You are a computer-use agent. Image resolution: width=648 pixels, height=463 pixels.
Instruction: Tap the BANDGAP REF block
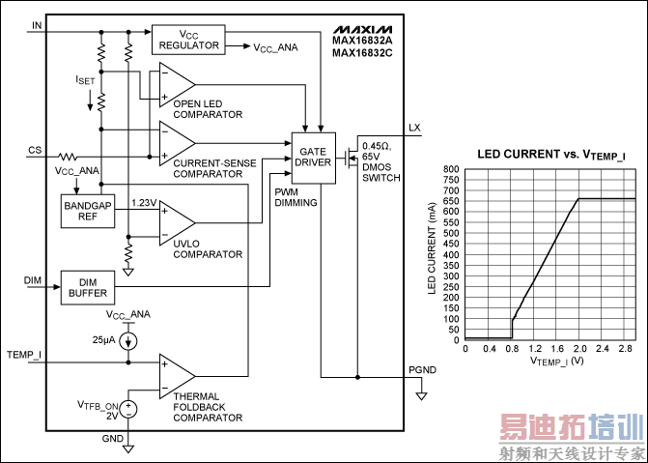click(87, 211)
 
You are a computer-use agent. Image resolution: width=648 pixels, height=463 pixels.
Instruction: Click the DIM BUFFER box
click(87, 287)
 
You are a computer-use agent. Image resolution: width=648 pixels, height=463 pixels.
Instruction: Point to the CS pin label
click(36, 150)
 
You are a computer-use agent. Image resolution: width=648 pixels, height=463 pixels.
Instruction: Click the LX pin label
click(415, 128)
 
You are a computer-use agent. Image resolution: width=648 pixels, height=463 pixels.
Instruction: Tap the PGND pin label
click(422, 367)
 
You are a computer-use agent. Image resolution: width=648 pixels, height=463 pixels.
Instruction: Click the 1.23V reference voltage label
click(145, 202)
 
